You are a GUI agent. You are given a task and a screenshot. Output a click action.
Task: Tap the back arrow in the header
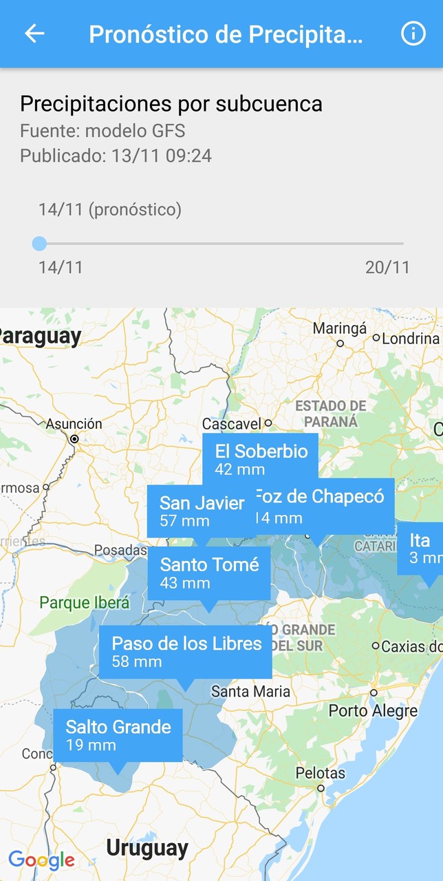point(34,34)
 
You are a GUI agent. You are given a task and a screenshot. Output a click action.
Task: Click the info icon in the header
point(413,34)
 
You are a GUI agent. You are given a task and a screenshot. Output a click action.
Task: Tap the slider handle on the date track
point(39,243)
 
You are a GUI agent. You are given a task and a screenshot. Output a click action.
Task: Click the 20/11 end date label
point(387,267)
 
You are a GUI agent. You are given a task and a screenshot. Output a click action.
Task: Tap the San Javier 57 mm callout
point(201,511)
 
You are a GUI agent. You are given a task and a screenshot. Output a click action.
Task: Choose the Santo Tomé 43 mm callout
point(209,573)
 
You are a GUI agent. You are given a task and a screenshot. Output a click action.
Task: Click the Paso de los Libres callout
point(186,652)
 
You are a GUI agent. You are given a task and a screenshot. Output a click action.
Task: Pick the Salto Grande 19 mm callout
point(118,735)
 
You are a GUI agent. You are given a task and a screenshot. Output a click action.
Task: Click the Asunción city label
point(74,424)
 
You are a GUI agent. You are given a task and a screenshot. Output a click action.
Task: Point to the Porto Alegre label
point(373,710)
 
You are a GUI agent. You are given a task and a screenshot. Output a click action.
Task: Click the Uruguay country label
point(147,848)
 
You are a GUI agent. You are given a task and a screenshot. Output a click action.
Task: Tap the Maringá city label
point(340,328)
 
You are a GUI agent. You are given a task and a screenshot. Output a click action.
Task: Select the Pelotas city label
point(321,773)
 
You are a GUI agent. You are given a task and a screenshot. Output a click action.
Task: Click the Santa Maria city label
point(250,691)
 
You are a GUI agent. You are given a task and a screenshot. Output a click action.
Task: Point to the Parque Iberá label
point(84,603)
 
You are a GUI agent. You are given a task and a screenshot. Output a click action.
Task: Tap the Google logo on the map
point(41,860)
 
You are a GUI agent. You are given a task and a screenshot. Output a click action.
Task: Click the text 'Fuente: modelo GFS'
point(102,131)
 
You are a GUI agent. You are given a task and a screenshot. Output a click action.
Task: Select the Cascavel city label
point(232,424)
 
